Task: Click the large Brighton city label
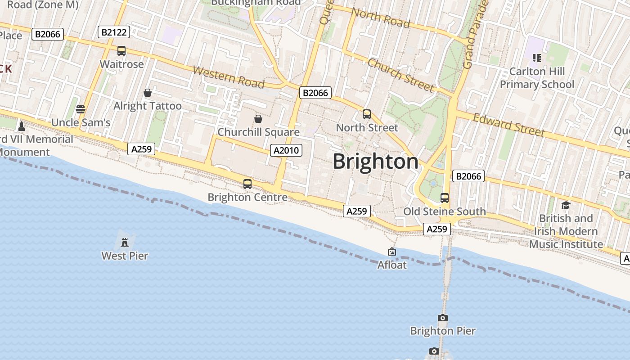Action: tap(375, 162)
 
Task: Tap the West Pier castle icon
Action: tap(125, 243)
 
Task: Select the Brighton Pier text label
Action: tap(443, 331)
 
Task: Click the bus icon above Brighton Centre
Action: tap(247, 184)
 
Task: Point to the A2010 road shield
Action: tap(287, 150)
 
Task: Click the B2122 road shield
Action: tap(114, 32)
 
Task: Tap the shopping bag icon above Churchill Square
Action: tap(258, 119)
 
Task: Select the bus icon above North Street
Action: tap(367, 114)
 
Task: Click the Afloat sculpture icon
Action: tap(392, 252)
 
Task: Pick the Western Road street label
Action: tap(228, 77)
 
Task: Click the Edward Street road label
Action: tap(509, 124)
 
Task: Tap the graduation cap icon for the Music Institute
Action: tap(566, 205)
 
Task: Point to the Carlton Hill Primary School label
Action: tap(537, 78)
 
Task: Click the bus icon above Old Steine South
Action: tap(445, 198)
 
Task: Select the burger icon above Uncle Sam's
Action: tap(81, 109)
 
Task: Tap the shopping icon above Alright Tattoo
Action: tap(148, 93)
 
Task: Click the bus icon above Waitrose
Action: tap(121, 51)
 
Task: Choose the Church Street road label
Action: tap(401, 75)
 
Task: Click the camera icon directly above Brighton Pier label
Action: tap(443, 318)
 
